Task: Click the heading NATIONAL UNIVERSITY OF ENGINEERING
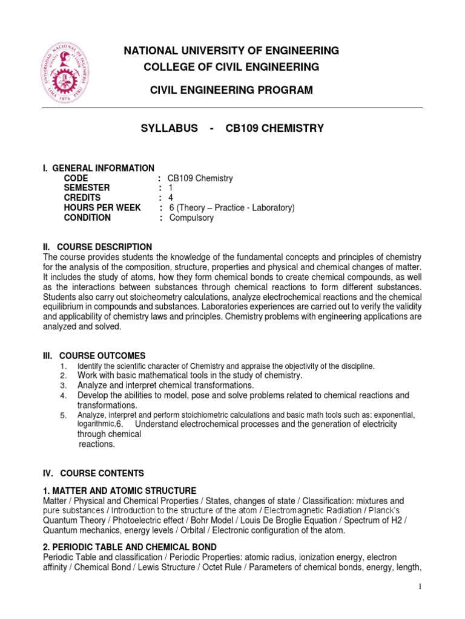(231, 50)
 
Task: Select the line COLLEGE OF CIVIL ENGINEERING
(231, 66)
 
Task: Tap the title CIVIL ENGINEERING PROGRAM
(231, 90)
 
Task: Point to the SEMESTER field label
(87, 188)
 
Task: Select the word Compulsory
(191, 218)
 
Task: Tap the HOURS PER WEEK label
(102, 208)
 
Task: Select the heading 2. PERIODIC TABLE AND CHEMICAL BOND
(130, 547)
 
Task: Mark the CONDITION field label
(87, 218)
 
